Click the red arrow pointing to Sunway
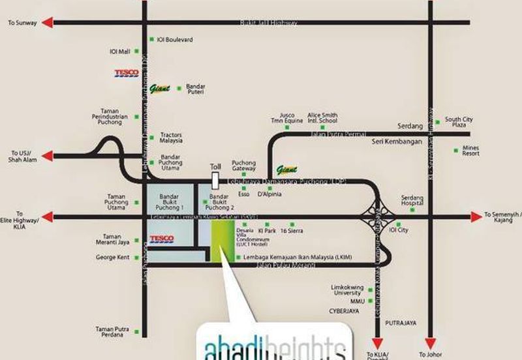(x=47, y=23)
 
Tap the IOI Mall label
(x=119, y=51)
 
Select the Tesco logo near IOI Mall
(x=126, y=74)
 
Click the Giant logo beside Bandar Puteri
(x=159, y=89)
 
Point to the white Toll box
(x=215, y=178)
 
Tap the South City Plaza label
(x=459, y=122)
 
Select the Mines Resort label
(x=470, y=151)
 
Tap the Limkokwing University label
(x=347, y=290)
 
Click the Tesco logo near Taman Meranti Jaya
(x=162, y=239)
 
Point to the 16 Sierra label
(x=291, y=231)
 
